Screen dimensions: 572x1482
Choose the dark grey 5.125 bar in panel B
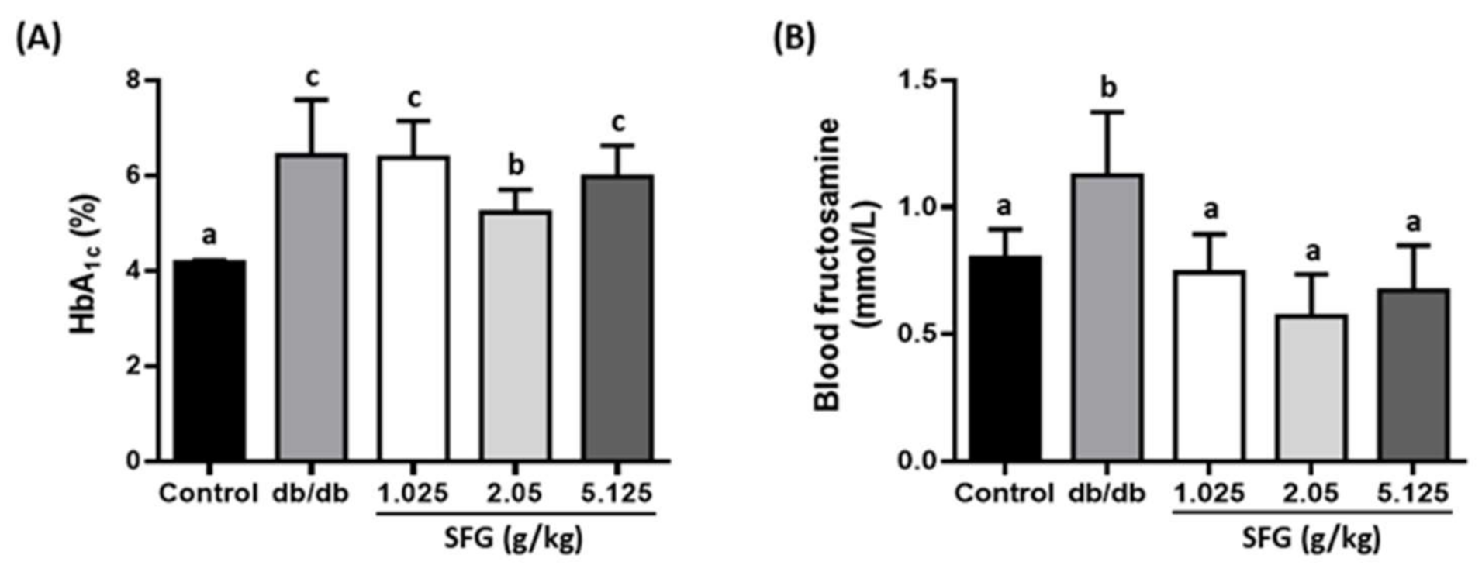[1414, 375]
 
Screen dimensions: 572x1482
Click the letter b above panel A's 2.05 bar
[516, 164]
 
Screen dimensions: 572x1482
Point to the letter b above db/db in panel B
[1108, 88]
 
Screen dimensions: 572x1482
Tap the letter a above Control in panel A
[209, 235]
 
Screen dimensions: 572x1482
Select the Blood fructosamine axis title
[828, 264]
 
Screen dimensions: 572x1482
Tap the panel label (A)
[38, 37]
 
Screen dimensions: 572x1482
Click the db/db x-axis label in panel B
[1107, 494]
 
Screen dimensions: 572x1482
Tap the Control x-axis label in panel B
[1004, 494]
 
